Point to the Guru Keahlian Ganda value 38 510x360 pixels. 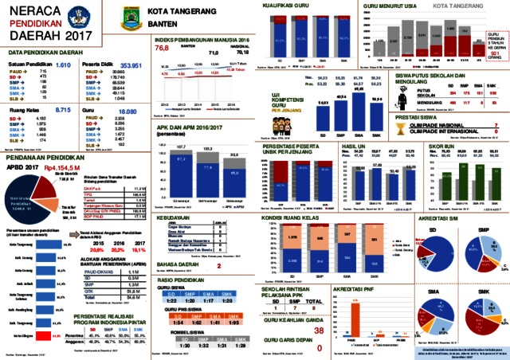point(318,307)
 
